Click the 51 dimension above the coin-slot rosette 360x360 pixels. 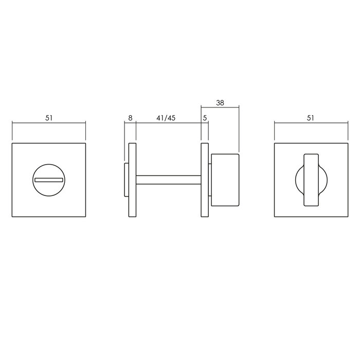[x=49, y=118]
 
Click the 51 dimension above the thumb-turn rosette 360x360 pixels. [x=310, y=118]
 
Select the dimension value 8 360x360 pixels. [x=130, y=118]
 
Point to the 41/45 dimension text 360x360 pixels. [x=166, y=118]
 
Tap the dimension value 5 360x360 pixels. [x=205, y=118]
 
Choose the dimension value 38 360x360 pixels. [x=220, y=102]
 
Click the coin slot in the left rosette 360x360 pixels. [x=48, y=180]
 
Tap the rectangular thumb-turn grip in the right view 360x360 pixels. [x=311, y=180]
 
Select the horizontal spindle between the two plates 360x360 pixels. [x=168, y=180]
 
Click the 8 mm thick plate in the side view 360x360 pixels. [x=132, y=180]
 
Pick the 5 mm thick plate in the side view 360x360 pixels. [x=204, y=180]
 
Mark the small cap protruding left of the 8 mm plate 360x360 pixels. [x=126, y=180]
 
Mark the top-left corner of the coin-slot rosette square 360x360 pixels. [x=12, y=143]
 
